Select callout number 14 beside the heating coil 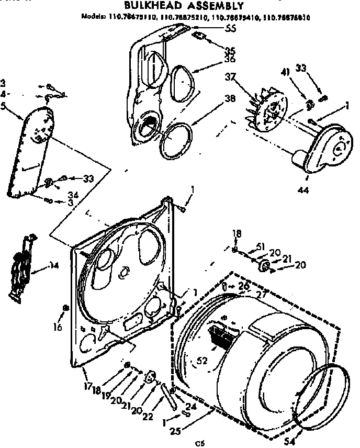[53, 265]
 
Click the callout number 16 [58, 328]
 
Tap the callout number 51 [260, 247]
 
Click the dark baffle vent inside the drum [220, 335]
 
